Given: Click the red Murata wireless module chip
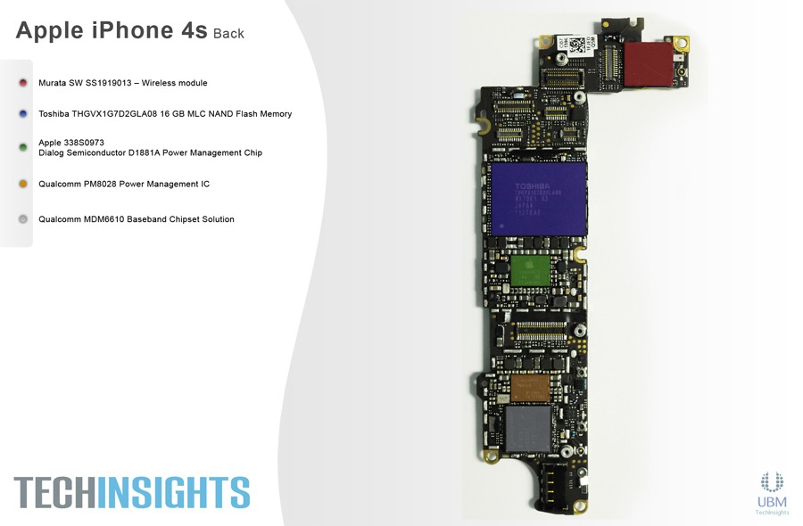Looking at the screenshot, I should pyautogui.click(x=649, y=66).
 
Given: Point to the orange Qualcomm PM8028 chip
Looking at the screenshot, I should pyautogui.click(x=532, y=387).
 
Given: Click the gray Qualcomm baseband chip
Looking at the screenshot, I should pyautogui.click(x=529, y=431).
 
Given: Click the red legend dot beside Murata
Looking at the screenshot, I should pyautogui.click(x=23, y=83).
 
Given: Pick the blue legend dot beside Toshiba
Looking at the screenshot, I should pyautogui.click(x=23, y=114).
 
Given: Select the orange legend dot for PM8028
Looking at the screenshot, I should pyautogui.click(x=23, y=184).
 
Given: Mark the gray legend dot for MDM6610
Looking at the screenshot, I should pyautogui.click(x=23, y=219).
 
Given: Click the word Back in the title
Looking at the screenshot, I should pyautogui.click(x=228, y=34).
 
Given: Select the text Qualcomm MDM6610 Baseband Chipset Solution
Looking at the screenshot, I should pyautogui.click(x=137, y=219).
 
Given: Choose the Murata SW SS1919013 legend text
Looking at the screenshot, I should pyautogui.click(x=123, y=83).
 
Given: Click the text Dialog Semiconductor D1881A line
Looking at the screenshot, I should pyautogui.click(x=150, y=152).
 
